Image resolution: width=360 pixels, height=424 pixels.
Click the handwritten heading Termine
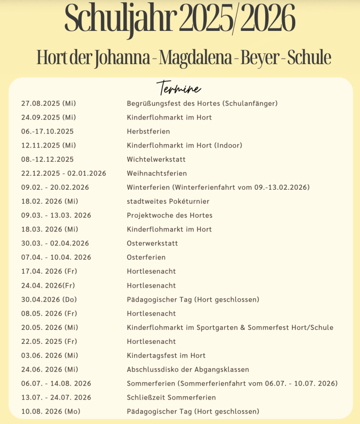point(179,88)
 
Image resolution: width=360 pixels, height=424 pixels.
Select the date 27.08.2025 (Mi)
point(48,103)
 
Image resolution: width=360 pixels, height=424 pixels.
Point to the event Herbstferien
point(148,131)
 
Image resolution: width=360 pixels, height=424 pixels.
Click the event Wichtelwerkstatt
point(156,159)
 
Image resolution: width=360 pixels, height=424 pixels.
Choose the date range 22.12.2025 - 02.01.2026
point(64,173)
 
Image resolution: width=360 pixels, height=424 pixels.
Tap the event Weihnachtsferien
point(157,173)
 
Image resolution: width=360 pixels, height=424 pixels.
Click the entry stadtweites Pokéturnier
point(168,201)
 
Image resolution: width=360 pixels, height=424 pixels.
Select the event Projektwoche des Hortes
point(170,216)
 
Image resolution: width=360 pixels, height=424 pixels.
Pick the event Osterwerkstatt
point(152,244)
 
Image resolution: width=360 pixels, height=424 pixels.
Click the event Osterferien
point(146,257)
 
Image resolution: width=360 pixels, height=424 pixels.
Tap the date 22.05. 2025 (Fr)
point(50,342)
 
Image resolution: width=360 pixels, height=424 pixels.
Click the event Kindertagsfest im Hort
point(166,356)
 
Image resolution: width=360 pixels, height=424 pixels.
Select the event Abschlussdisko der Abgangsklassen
point(188,370)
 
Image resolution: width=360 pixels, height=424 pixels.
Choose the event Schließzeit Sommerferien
point(171,397)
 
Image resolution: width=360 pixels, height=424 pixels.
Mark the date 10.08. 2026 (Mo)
point(51,411)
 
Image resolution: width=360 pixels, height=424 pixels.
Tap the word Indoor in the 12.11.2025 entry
point(228,145)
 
